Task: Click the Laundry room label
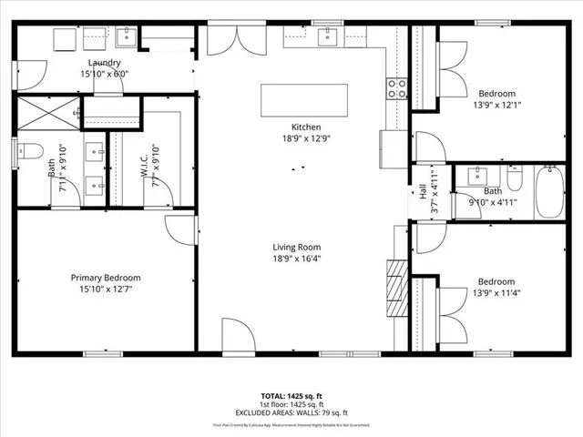click(105, 62)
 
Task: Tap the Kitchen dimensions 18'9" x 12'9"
click(305, 139)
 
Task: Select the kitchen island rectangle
click(304, 99)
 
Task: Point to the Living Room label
click(297, 247)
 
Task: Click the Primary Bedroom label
click(106, 278)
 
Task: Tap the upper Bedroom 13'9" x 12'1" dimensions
click(497, 106)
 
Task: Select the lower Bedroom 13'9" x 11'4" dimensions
click(497, 294)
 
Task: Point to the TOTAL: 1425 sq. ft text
click(291, 397)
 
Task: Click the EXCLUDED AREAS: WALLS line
click(291, 412)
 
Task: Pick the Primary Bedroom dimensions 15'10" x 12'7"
click(106, 290)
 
